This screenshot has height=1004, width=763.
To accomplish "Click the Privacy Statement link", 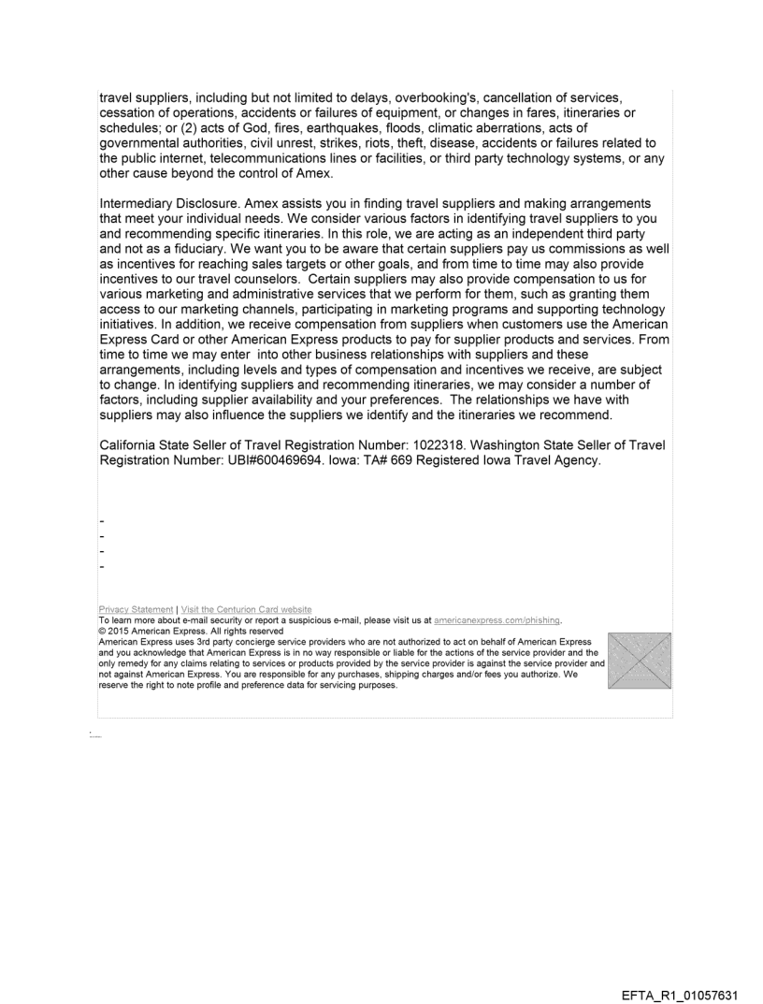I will tap(136, 610).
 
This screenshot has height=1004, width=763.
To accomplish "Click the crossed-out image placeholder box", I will tap(640, 661).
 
